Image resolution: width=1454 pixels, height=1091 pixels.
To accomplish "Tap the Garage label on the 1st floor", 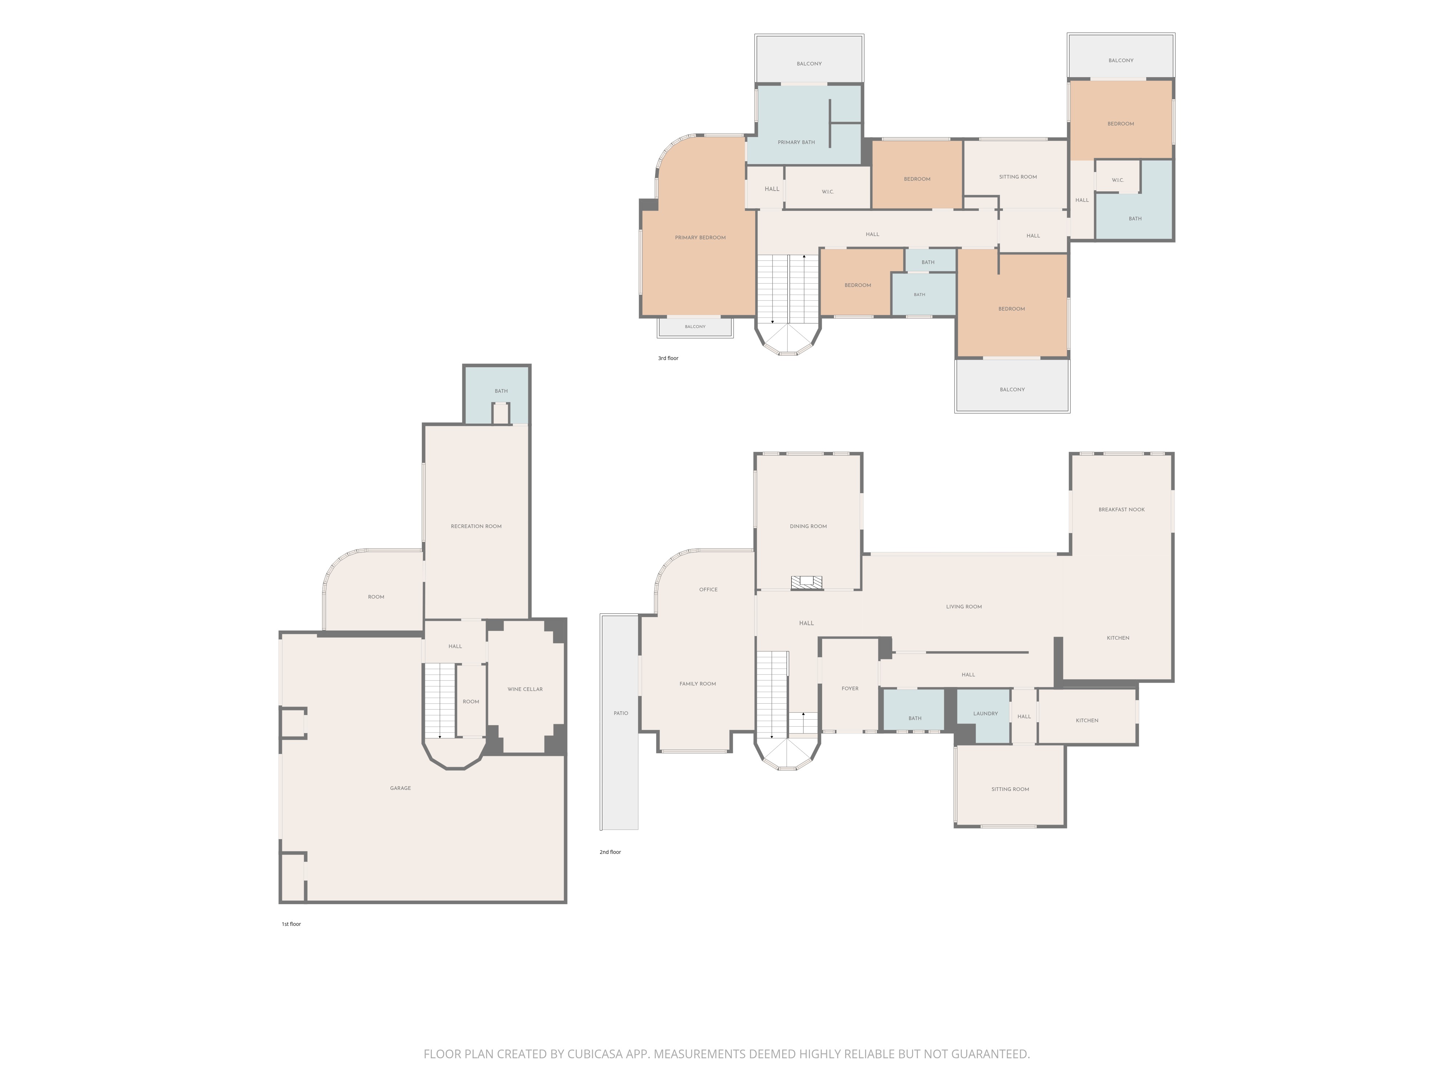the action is pos(400,788).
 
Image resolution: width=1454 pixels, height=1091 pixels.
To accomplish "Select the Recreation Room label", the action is pos(476,526).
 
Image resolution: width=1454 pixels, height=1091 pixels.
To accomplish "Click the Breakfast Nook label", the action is pos(1121,509).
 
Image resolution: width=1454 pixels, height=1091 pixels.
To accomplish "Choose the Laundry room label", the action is pos(985,714).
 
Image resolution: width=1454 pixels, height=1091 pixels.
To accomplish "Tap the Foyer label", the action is pos(850,688).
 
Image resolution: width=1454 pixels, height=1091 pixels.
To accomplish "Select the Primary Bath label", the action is pos(796,142).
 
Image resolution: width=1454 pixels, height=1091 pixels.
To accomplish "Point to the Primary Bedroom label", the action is pos(700,237).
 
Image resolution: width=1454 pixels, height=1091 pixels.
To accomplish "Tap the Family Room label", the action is pos(698,684).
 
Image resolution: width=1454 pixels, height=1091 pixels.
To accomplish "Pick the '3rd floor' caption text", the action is pos(668,359).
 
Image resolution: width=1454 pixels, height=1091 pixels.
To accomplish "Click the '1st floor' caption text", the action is pos(291,924).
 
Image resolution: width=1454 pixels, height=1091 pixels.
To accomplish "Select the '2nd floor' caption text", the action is pos(610,852).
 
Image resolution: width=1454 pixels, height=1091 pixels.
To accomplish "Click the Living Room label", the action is pos(964,607).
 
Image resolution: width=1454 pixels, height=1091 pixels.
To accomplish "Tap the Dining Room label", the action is pos(808,526).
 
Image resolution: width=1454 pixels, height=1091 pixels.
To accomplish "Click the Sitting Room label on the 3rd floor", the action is pos(1017,177).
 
